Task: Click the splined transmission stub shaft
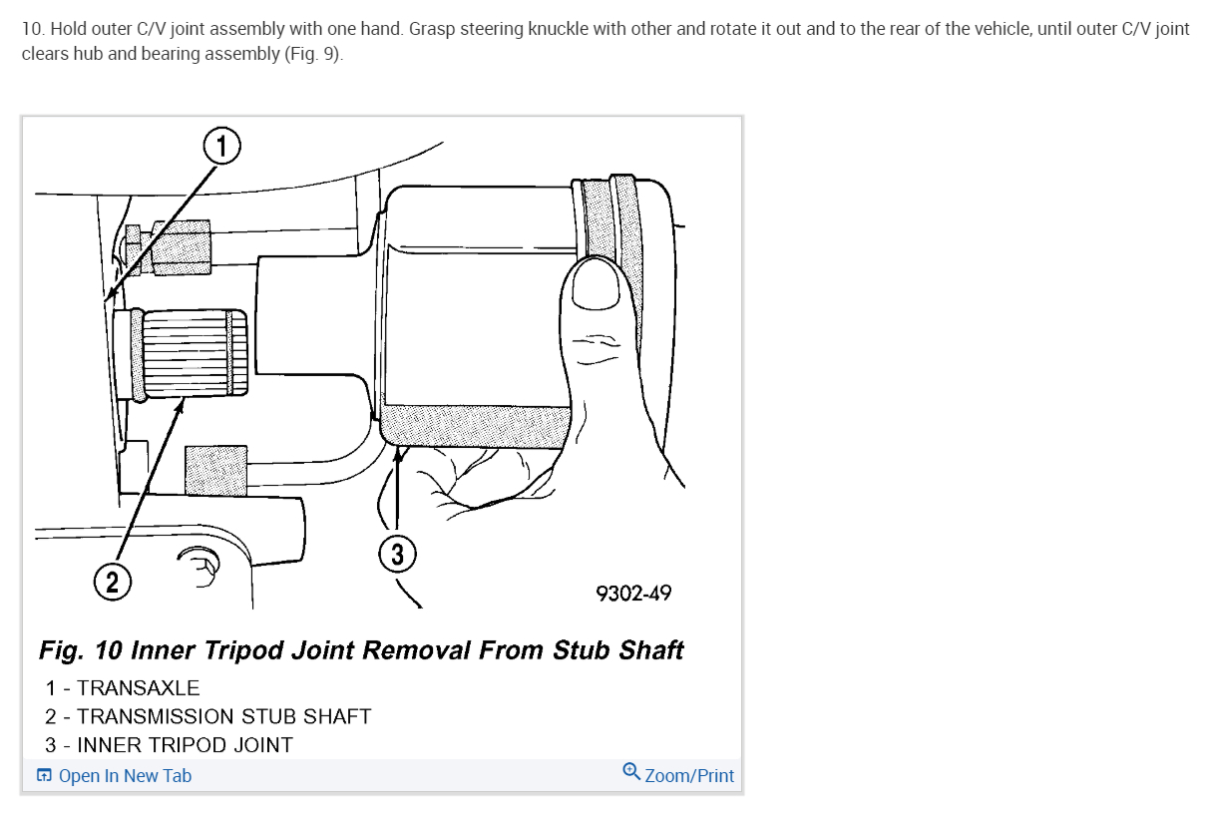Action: (187, 352)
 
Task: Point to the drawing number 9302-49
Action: (633, 594)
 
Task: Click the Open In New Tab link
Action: (125, 776)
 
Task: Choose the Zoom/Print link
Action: (689, 776)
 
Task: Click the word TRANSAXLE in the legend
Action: (138, 688)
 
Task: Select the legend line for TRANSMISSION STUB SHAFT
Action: (207, 717)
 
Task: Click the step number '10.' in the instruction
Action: (33, 29)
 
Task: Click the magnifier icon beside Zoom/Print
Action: (630, 772)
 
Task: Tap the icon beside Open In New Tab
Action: (44, 776)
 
